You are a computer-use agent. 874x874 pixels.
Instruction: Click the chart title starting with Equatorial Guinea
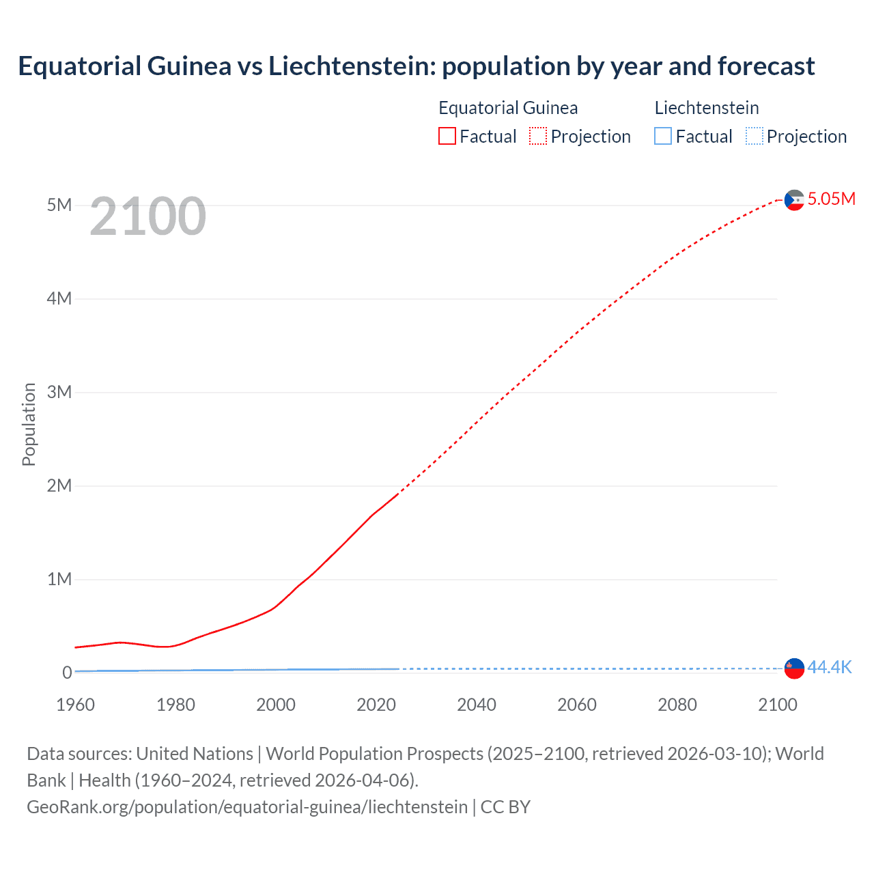pos(416,66)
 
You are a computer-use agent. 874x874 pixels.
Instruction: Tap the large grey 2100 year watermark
pos(147,216)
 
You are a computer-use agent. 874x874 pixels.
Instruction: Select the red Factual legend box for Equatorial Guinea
pos(447,137)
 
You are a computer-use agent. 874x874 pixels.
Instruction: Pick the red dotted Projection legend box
pos(538,137)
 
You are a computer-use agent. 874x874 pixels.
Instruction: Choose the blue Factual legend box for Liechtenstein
pos(662,137)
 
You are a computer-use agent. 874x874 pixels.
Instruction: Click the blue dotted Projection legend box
pos(754,137)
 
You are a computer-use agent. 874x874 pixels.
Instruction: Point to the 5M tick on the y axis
pos(59,206)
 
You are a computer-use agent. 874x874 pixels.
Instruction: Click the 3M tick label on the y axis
pos(59,393)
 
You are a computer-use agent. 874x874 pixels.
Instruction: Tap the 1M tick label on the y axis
pos(59,580)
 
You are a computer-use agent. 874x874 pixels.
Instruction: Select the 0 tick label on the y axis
pos(67,673)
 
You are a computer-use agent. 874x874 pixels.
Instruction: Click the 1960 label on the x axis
pos(75,705)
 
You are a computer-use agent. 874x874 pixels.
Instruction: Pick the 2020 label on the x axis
pos(376,705)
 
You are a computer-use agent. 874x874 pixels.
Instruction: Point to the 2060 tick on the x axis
pos(577,705)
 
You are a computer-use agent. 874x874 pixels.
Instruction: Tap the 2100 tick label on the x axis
pos(778,705)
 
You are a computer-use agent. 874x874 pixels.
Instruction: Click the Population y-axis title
pos(29,424)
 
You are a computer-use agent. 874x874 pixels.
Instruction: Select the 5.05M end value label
pos(831,199)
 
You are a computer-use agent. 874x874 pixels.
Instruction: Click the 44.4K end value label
pos(830,668)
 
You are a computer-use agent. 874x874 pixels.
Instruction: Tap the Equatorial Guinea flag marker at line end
pos(794,200)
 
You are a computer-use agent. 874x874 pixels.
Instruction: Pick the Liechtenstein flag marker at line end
pos(794,668)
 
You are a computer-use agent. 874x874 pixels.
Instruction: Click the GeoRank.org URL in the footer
pos(247,807)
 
